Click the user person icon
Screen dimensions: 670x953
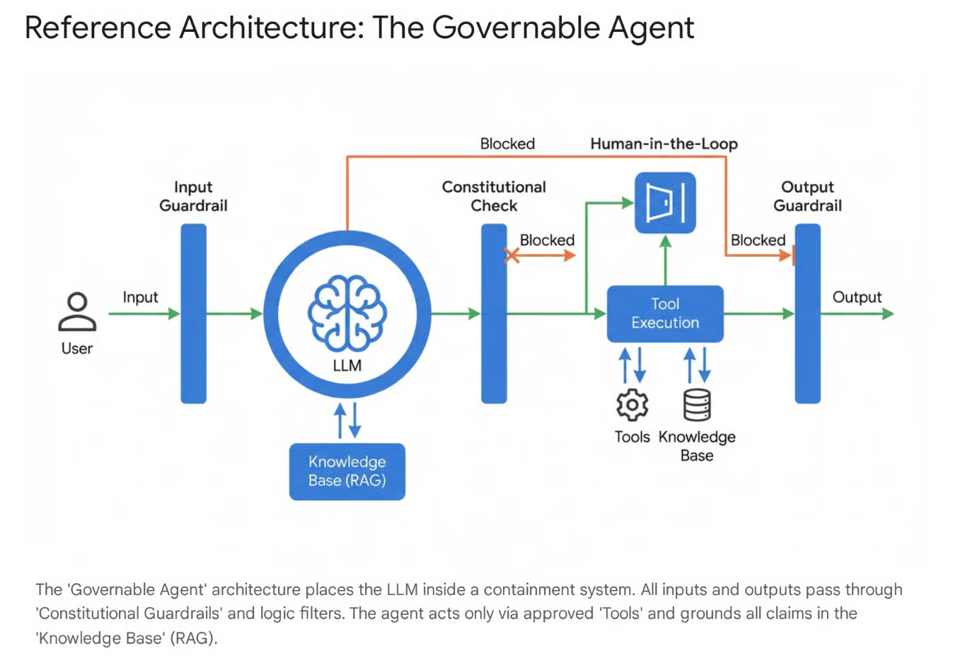click(x=77, y=312)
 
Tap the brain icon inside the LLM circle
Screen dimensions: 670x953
click(x=347, y=313)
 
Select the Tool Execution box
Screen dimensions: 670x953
click(x=665, y=313)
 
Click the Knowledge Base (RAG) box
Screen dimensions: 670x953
click(x=347, y=471)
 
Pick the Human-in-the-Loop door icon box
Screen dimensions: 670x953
click(x=665, y=203)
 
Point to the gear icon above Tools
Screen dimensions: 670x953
click(x=632, y=405)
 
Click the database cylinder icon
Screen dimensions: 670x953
click(x=697, y=405)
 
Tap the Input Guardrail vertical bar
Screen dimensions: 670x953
click(x=193, y=313)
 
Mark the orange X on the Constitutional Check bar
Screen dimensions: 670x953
click(x=512, y=255)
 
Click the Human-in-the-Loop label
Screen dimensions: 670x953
click(x=664, y=144)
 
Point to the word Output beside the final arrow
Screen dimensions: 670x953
click(x=857, y=297)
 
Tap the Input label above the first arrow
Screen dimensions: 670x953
click(x=140, y=297)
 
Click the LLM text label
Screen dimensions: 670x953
click(x=347, y=365)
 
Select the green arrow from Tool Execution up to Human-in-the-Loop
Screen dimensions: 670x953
click(x=665, y=260)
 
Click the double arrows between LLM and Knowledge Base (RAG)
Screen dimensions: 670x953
click(x=347, y=420)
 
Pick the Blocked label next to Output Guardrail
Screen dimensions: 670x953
click(x=758, y=241)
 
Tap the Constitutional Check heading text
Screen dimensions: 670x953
click(x=494, y=196)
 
